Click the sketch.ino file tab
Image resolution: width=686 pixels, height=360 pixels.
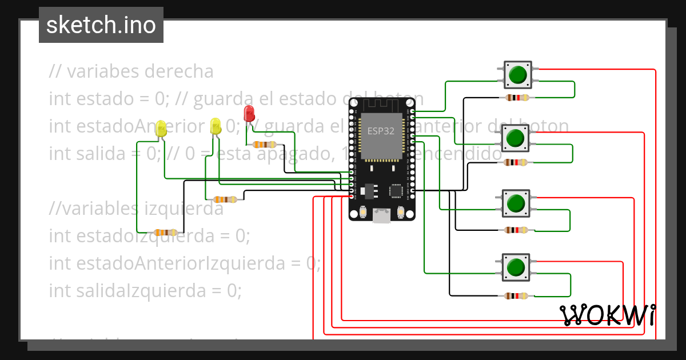[101, 25]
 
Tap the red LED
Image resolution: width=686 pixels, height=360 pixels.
[249, 113]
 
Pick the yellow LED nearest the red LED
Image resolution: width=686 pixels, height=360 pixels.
[216, 126]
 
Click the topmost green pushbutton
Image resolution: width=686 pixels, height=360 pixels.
[517, 75]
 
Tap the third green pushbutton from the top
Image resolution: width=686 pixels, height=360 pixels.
[516, 203]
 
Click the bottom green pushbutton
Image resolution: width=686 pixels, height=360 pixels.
[516, 267]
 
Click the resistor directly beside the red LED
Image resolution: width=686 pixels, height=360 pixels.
[264, 145]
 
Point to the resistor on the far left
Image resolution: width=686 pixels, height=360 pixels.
[166, 233]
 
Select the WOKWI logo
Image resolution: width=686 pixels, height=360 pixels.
[608, 315]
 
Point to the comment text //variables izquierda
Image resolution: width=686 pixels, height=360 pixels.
[136, 209]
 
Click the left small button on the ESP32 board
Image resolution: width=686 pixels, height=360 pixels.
[363, 213]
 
